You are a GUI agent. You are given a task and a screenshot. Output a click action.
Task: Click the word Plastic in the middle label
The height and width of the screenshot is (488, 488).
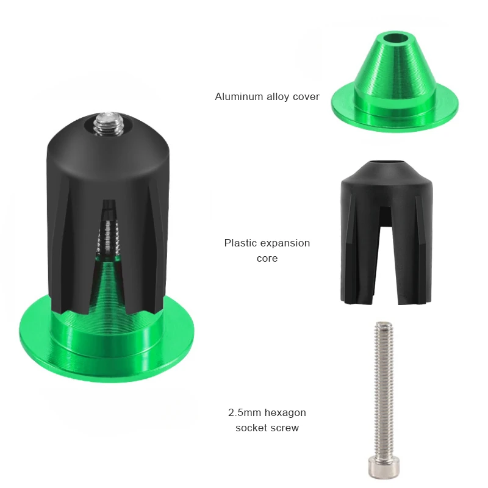tap(240, 243)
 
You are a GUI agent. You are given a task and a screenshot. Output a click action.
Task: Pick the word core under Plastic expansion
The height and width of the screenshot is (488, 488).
tap(267, 258)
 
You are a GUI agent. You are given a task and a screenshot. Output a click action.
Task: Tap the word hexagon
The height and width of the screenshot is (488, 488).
tap(286, 414)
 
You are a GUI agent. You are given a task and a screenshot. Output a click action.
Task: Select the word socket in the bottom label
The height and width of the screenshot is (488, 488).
tap(250, 428)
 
